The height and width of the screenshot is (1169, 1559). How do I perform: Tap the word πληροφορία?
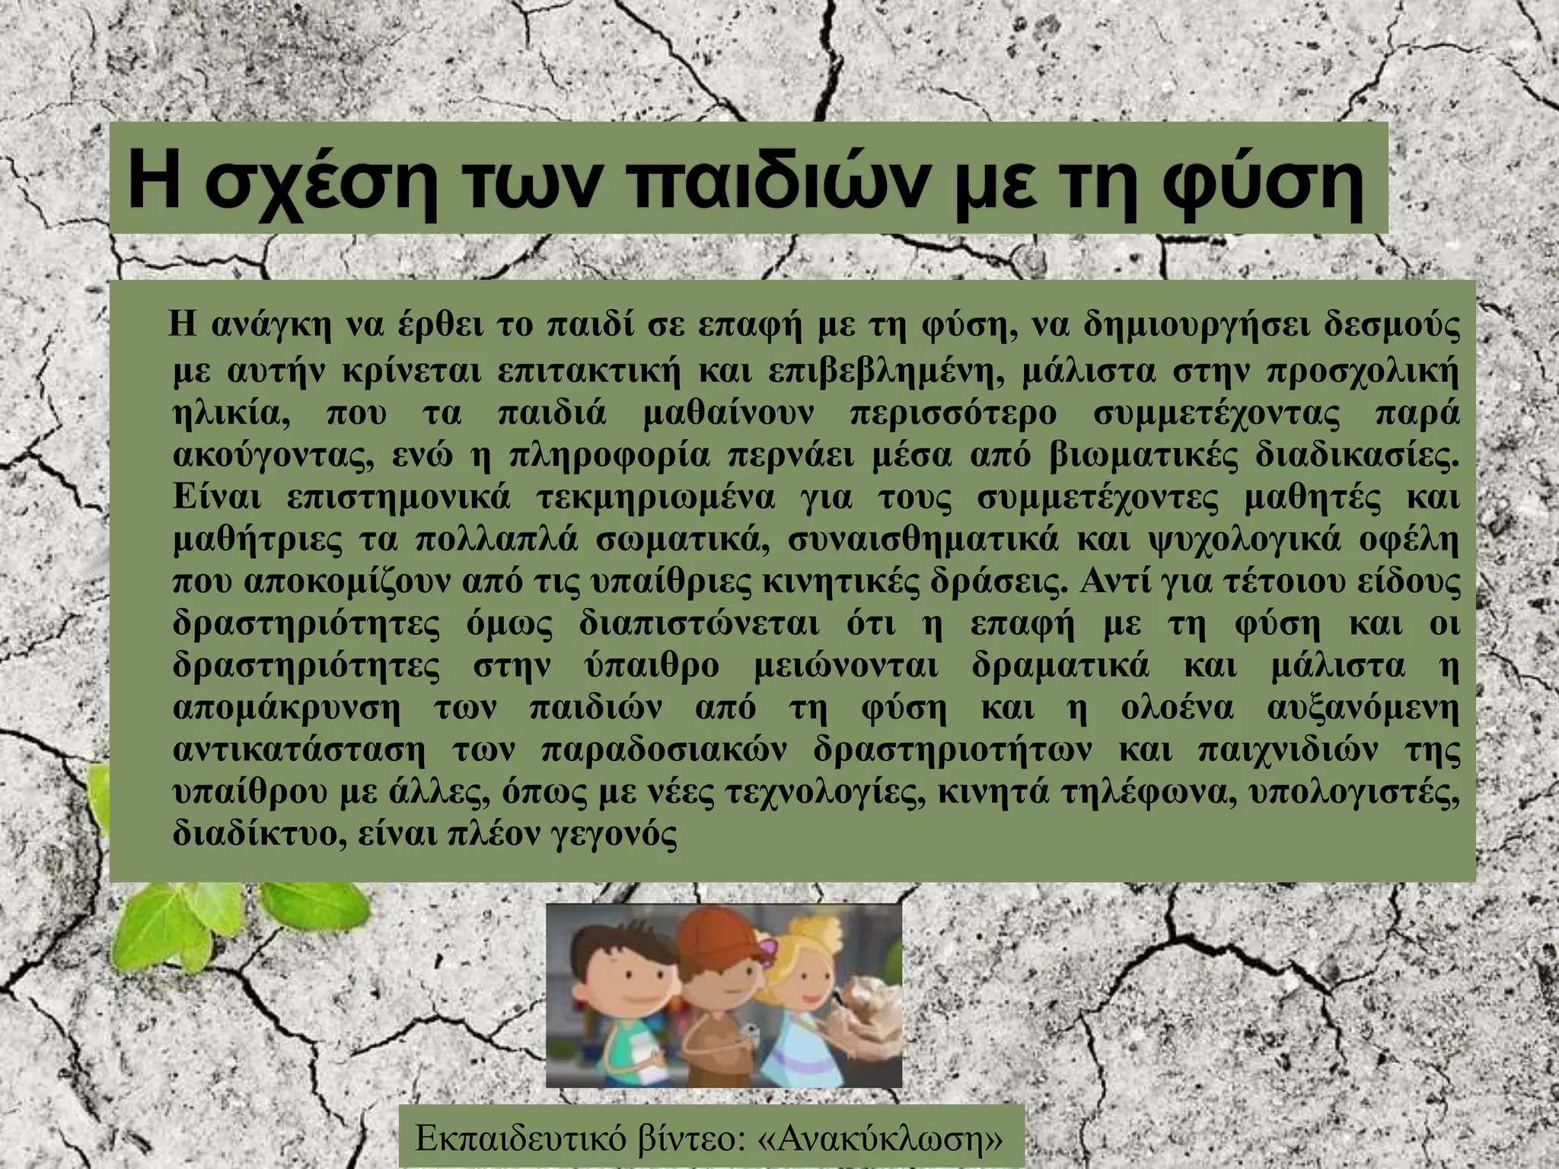[609, 457]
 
